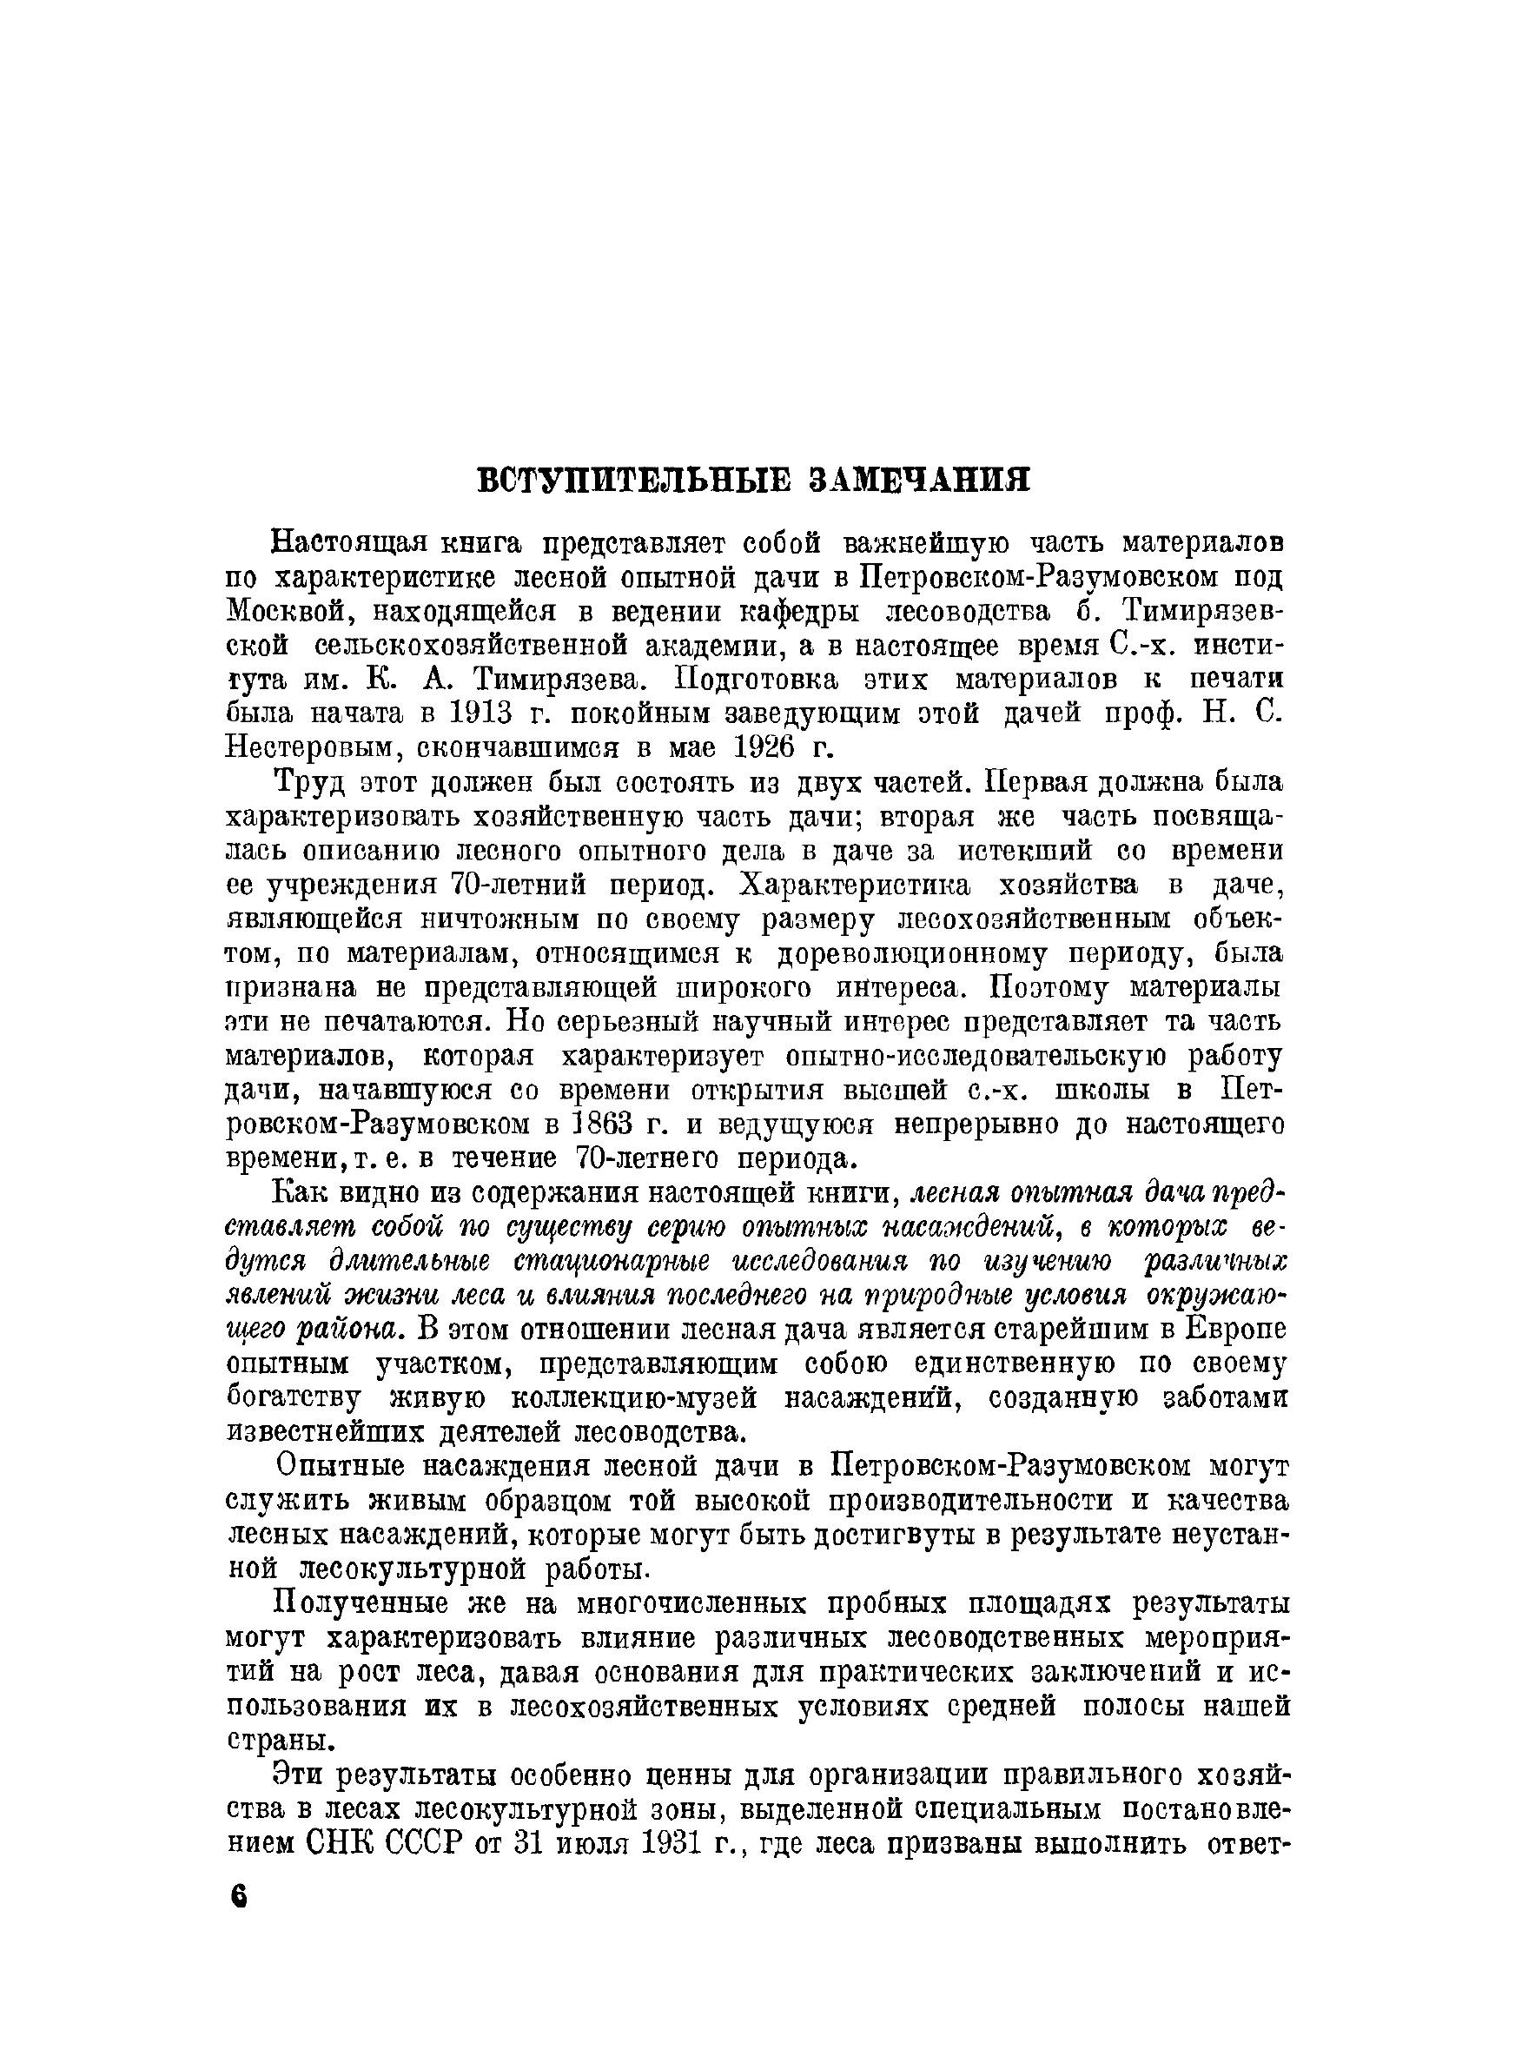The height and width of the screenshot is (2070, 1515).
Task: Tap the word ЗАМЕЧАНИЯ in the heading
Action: (919, 481)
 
